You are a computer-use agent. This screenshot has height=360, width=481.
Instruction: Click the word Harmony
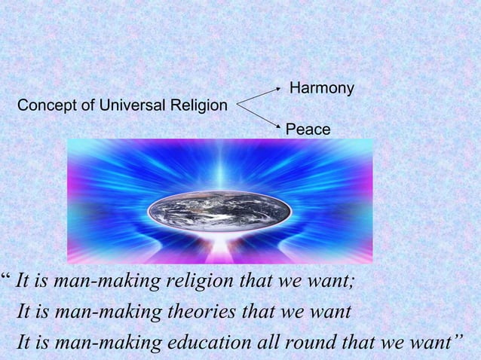click(x=322, y=89)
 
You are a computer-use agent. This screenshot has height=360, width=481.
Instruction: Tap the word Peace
click(x=308, y=130)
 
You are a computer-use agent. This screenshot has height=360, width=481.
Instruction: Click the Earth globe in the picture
click(x=219, y=209)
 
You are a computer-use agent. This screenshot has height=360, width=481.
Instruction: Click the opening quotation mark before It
click(x=6, y=279)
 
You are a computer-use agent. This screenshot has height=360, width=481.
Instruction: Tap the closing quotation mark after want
click(x=457, y=337)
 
